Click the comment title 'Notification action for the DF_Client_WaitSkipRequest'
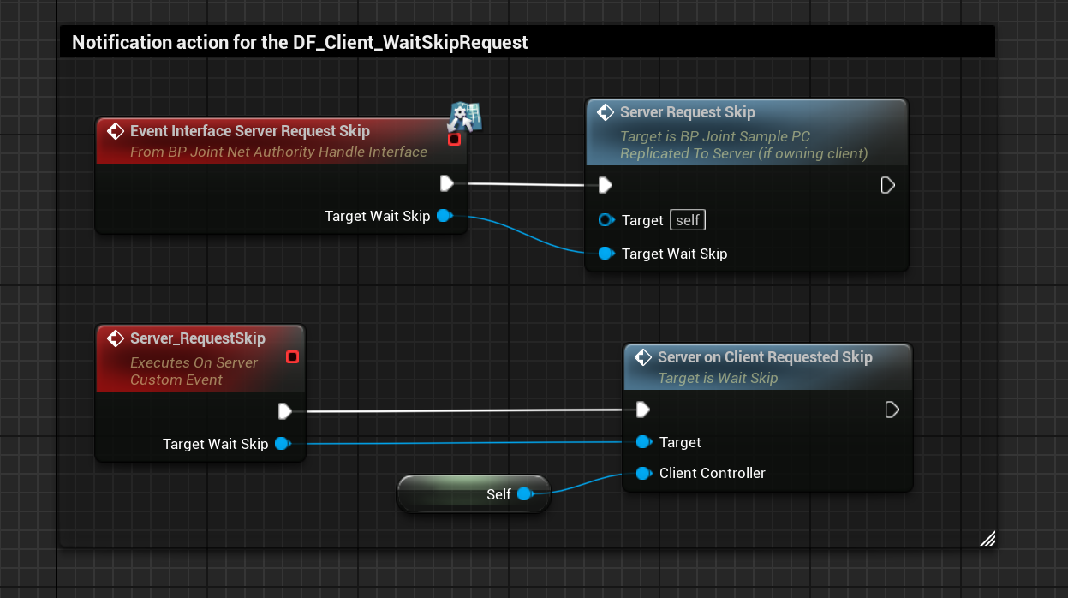300,42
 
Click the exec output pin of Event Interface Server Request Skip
446,183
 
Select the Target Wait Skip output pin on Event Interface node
444,216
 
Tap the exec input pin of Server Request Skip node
605,185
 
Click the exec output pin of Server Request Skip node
887,185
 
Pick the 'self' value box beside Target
688,220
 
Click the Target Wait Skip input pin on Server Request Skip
606,254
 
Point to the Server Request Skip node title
687,112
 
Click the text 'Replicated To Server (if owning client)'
743,153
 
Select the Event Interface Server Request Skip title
249,131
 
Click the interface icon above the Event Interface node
465,116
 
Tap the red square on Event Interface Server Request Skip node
454,139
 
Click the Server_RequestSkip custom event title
197,338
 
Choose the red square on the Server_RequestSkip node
292,356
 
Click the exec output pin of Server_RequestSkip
285,412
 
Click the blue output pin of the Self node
524,494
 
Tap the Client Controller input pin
643,473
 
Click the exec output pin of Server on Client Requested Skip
891,410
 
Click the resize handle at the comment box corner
987,538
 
